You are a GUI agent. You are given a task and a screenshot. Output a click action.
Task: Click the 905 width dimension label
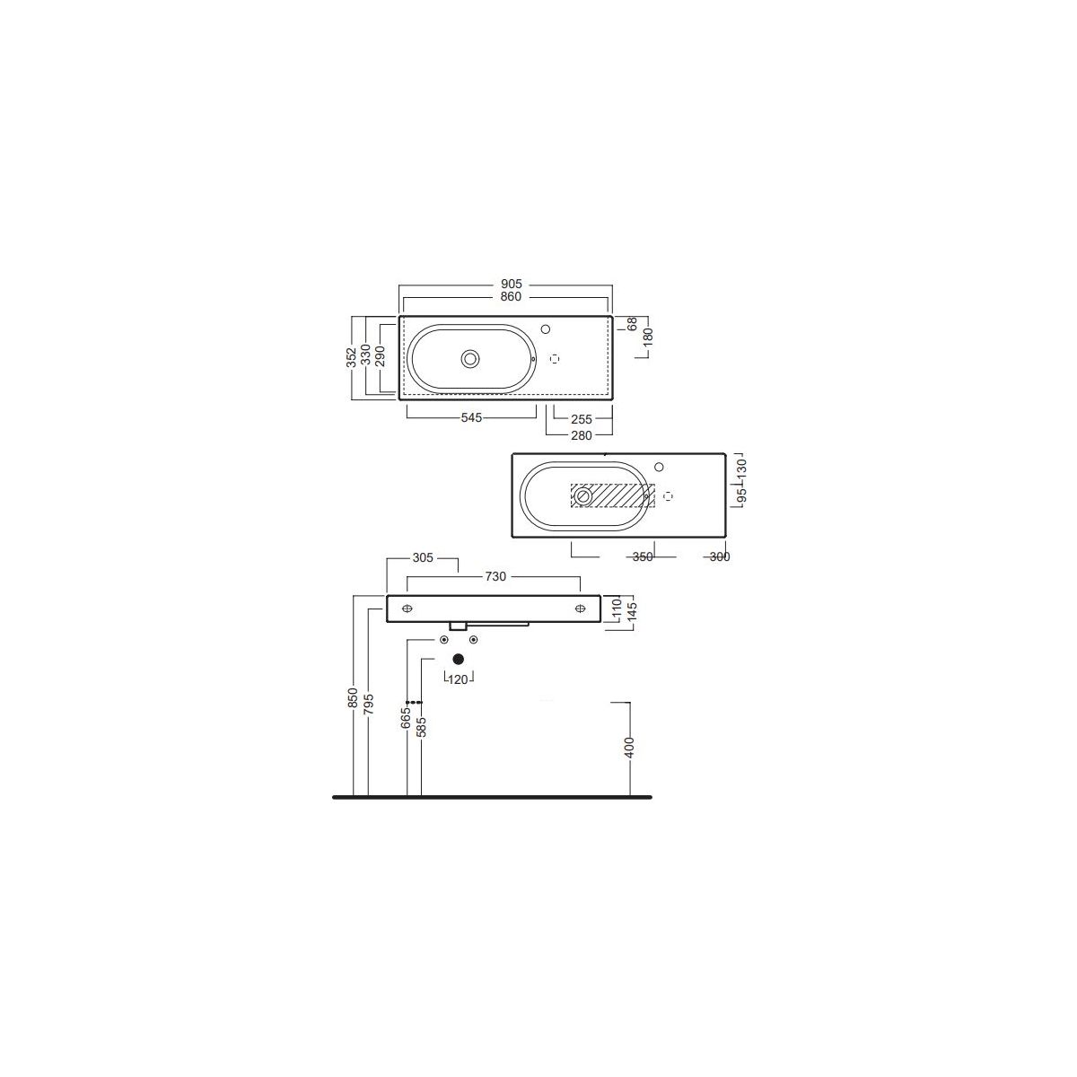[x=511, y=285]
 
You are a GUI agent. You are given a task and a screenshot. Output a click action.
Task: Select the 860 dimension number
[x=511, y=297]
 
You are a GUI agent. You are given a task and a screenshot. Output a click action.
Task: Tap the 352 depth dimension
[x=352, y=358]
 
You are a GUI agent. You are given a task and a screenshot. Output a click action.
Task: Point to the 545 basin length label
[x=471, y=417]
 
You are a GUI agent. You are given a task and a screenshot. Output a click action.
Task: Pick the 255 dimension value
[x=582, y=418]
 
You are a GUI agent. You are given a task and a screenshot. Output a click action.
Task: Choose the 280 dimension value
[x=582, y=435]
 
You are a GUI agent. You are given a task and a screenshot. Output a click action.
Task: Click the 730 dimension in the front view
[x=495, y=576]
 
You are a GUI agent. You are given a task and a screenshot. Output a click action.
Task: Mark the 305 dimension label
[x=423, y=557]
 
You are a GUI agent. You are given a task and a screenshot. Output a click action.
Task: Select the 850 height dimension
[x=353, y=698]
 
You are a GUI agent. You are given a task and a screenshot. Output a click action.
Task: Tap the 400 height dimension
[x=630, y=748]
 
